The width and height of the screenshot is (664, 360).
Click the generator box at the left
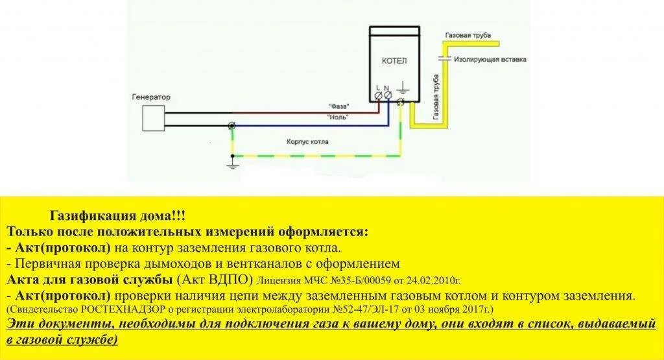click(154, 120)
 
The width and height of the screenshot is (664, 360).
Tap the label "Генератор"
click(152, 97)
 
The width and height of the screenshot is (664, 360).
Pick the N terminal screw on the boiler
click(388, 96)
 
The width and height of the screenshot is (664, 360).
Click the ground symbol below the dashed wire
click(231, 165)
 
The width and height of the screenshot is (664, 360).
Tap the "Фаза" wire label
click(338, 106)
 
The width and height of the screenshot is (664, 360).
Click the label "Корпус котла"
click(308, 141)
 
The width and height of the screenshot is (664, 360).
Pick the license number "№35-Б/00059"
click(348, 281)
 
